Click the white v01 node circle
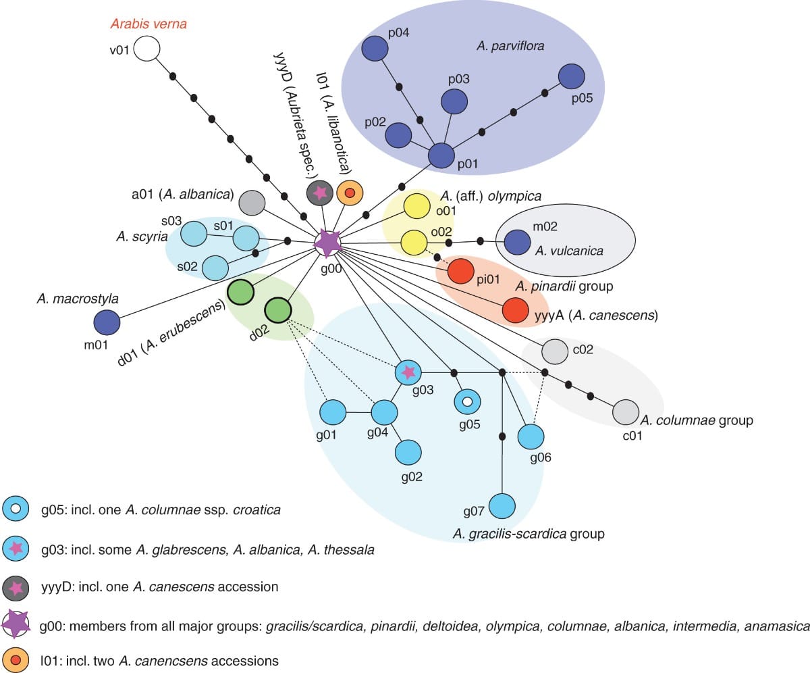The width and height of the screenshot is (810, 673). (146, 49)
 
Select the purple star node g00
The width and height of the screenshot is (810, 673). (327, 243)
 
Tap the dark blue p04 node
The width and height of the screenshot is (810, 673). (374, 49)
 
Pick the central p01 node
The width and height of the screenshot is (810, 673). (441, 156)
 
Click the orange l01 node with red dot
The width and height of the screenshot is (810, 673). (350, 194)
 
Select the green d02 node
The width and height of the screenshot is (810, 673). (277, 311)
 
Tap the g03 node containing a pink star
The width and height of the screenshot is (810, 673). (408, 372)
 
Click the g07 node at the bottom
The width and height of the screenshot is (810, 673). (502, 506)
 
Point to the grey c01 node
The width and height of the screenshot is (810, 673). (626, 412)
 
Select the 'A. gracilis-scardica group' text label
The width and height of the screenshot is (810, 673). (529, 534)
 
